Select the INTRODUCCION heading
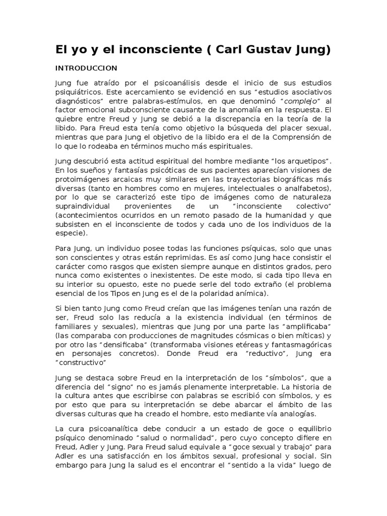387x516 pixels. pyautogui.click(x=86, y=68)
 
